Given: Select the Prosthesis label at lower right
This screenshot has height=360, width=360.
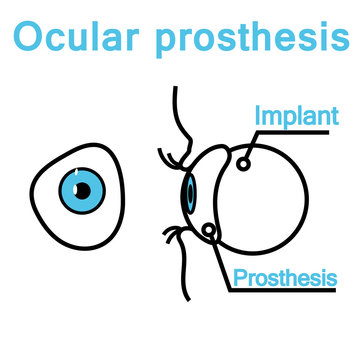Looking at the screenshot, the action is click(x=285, y=277).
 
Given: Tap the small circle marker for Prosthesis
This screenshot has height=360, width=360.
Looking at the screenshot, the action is click(x=208, y=233).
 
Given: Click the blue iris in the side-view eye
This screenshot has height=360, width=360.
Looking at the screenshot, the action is click(x=187, y=191).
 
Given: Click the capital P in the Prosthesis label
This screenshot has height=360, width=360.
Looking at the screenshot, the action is click(x=239, y=276).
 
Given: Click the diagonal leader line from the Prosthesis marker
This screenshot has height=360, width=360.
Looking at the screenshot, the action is click(x=222, y=265).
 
